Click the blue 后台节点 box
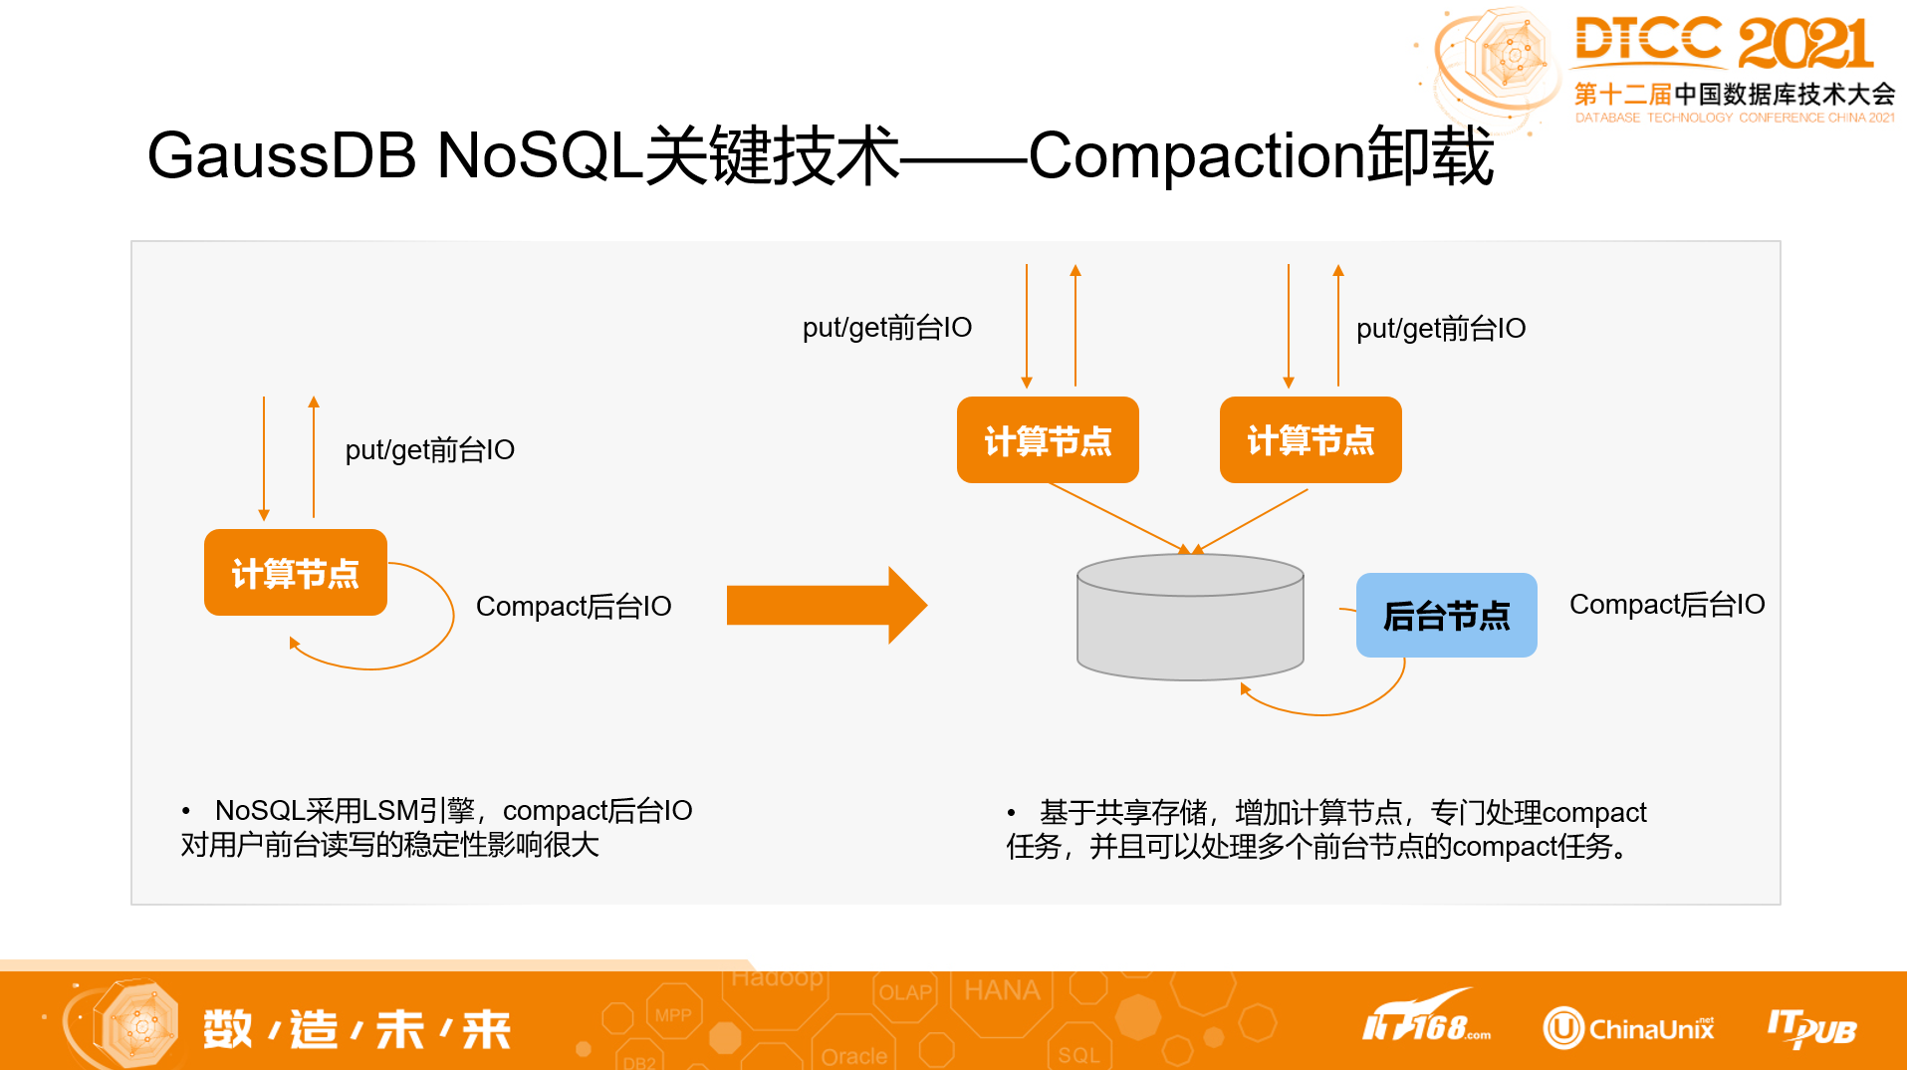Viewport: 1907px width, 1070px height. tap(1446, 615)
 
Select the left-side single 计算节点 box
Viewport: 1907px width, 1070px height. tap(295, 573)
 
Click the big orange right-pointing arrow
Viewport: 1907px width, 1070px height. tap(826, 605)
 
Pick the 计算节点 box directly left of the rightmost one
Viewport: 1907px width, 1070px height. tap(1048, 440)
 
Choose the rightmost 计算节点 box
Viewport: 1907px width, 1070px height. tap(1311, 440)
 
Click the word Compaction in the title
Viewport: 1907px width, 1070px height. tap(1195, 156)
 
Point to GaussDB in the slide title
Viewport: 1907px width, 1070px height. tap(281, 156)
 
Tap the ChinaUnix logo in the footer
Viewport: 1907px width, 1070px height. tap(1629, 1028)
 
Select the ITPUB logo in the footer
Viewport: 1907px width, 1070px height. tap(1811, 1028)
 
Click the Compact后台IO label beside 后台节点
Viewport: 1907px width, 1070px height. tap(1666, 605)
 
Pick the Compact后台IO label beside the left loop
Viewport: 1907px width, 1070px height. tap(574, 606)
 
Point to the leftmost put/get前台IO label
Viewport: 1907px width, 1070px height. tap(429, 450)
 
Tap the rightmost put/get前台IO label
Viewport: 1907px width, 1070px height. tap(1440, 329)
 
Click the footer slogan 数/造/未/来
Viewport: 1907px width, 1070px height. tap(357, 1029)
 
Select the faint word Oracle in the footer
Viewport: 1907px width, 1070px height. tap(853, 1056)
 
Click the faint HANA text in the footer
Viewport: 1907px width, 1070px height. tap(1001, 990)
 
